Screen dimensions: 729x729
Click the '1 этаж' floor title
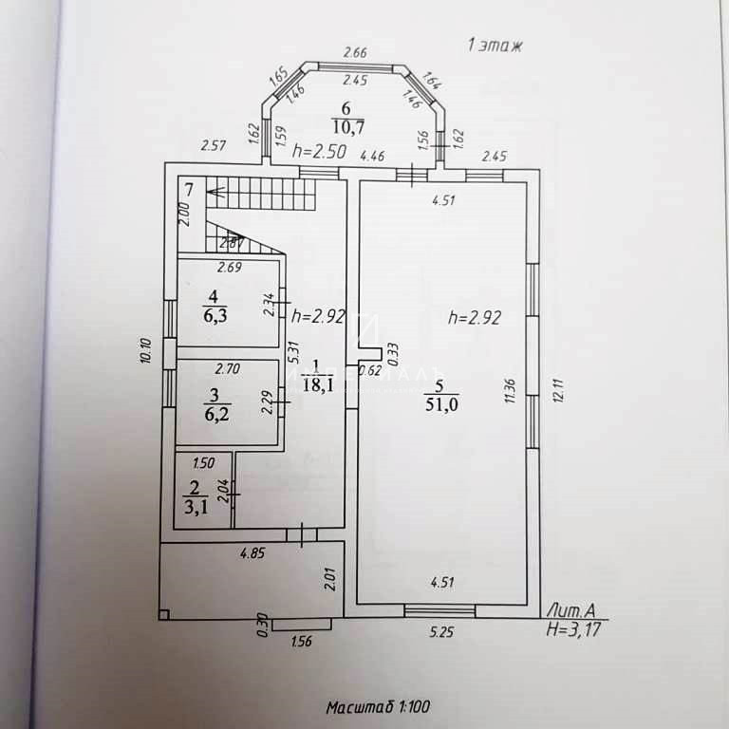(495, 44)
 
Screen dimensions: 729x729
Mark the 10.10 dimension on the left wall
(146, 351)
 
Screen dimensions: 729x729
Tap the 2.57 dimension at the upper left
(212, 146)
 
